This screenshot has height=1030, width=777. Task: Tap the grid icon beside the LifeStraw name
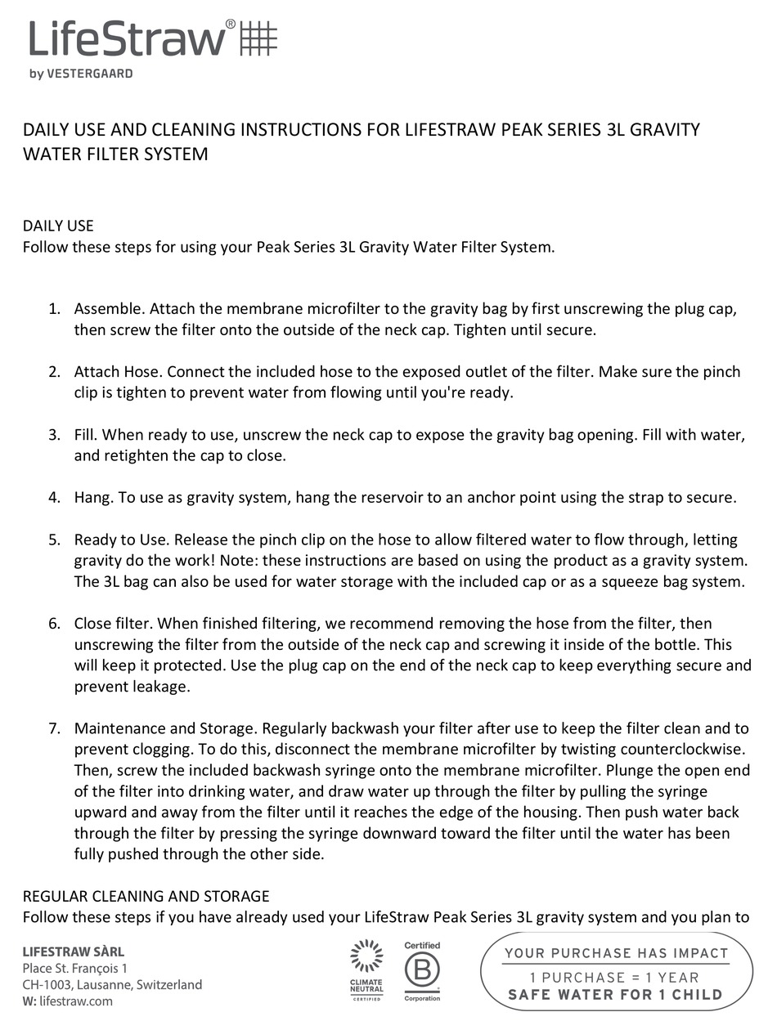coord(258,38)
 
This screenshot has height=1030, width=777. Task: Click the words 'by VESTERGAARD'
coord(81,74)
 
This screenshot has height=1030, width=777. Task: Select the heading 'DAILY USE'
coord(58,226)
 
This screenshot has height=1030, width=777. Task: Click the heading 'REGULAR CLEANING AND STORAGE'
coord(146,896)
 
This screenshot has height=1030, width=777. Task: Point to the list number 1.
coord(54,309)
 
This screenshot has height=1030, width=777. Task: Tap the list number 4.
coord(54,497)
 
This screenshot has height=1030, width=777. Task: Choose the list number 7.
coord(54,728)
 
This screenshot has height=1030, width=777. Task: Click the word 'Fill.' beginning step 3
coord(86,434)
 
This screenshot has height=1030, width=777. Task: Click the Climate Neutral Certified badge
coord(366,970)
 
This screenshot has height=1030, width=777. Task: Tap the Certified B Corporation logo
coord(422,970)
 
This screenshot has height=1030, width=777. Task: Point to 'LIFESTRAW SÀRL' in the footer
coord(74,952)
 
